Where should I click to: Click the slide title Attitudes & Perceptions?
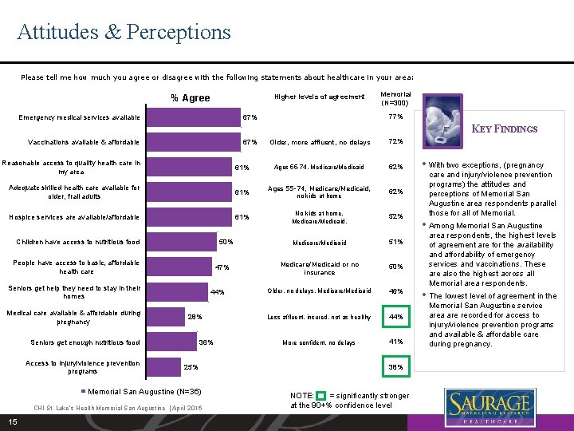[x=124, y=32]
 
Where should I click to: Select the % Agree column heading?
[x=191, y=98]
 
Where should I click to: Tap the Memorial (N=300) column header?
[x=395, y=97]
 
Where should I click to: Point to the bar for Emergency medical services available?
[x=196, y=117]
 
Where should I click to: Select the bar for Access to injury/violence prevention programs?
[x=164, y=366]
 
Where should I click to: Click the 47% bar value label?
[x=223, y=267]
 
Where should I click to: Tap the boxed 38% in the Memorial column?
[x=395, y=367]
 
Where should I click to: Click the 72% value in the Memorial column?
[x=395, y=142]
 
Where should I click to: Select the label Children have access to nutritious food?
[x=78, y=242]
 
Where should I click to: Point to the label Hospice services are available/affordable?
[x=74, y=217]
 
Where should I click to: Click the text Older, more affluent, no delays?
[x=320, y=142]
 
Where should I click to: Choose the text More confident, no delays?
[x=320, y=342]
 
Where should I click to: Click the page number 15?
[x=13, y=421]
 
